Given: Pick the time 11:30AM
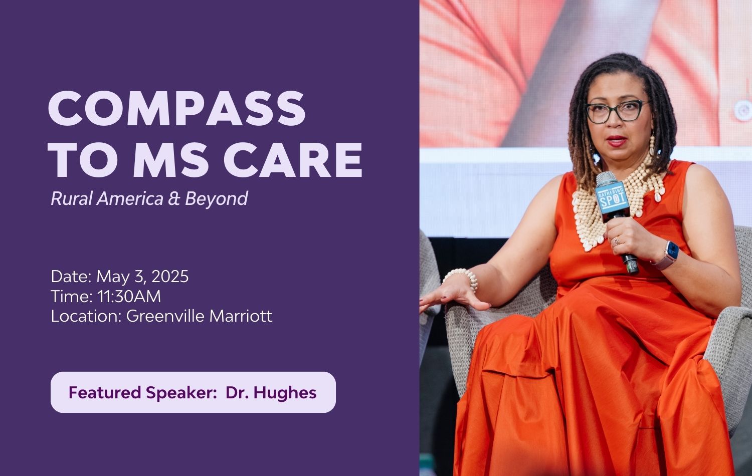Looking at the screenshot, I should (x=129, y=297).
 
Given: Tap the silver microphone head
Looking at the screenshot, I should (x=606, y=179).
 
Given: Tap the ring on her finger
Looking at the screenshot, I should (x=617, y=241).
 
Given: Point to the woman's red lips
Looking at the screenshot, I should (x=616, y=141).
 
